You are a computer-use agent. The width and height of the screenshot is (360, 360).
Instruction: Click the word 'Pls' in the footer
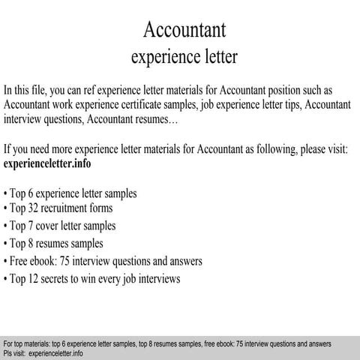pos(8,352)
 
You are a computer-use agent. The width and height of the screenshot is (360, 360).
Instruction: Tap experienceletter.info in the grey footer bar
pos(54,352)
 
